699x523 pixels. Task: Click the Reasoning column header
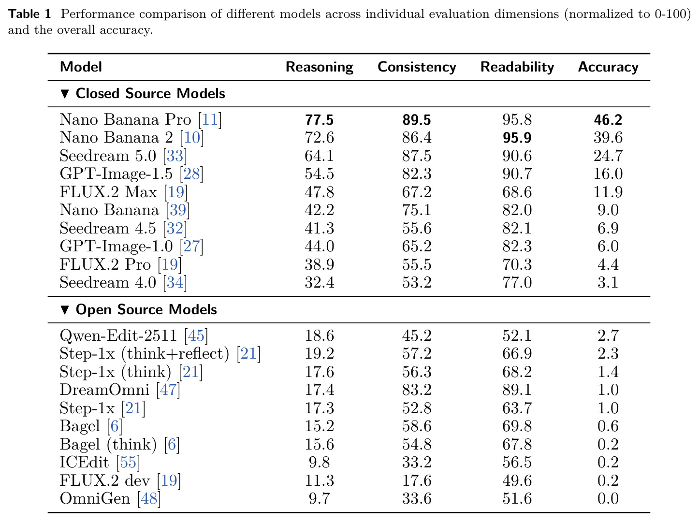click(x=319, y=67)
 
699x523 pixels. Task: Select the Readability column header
click(x=517, y=67)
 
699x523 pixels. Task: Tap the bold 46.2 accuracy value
click(x=608, y=120)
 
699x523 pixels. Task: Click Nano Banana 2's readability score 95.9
click(x=517, y=137)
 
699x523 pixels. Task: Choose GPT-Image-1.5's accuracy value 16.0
click(x=608, y=174)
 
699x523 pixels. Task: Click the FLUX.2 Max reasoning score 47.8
click(x=319, y=192)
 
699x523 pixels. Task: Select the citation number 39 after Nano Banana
click(x=178, y=210)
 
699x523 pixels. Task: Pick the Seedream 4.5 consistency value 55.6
click(x=417, y=228)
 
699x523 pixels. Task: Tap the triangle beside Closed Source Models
click(x=65, y=94)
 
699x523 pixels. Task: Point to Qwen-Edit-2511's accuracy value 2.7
click(x=608, y=335)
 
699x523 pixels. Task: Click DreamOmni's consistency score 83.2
click(x=417, y=390)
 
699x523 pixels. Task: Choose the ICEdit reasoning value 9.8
click(x=319, y=462)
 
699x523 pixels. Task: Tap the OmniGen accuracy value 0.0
click(x=608, y=498)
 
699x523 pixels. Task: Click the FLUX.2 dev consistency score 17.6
click(x=417, y=480)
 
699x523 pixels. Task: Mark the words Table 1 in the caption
click(x=29, y=14)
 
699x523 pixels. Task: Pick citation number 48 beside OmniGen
click(x=149, y=498)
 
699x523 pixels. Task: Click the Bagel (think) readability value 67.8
click(x=517, y=444)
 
